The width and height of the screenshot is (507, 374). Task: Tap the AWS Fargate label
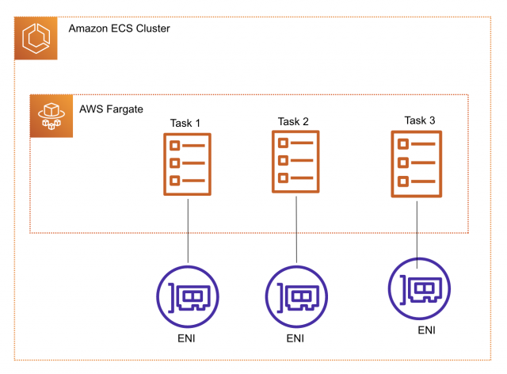point(111,109)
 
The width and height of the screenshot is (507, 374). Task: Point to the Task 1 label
point(185,124)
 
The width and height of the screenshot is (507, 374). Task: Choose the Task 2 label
point(293,121)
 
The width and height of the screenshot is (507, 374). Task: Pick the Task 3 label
point(419,120)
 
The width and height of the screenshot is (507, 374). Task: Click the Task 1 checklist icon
point(187,164)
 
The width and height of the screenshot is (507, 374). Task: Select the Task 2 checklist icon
point(295,161)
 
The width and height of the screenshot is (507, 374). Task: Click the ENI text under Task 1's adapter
point(187,338)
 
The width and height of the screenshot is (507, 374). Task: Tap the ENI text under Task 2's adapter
point(295,338)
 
